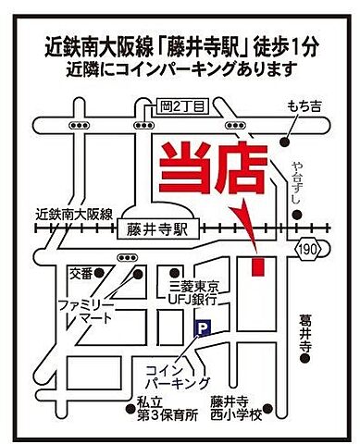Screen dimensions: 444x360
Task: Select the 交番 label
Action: [x=81, y=274]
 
